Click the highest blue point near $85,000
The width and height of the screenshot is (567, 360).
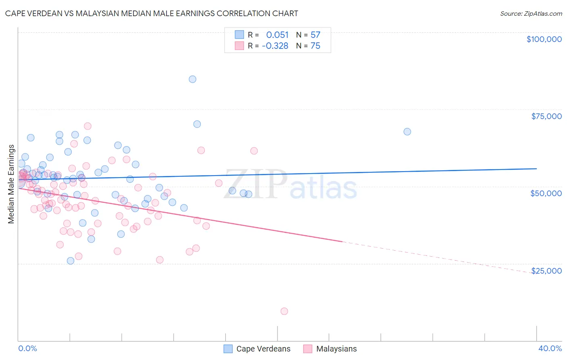coord(192,79)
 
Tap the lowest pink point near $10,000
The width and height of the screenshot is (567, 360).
coord(284,311)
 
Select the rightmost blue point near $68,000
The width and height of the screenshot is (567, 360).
coord(407,132)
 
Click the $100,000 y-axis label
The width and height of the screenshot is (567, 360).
coord(544,39)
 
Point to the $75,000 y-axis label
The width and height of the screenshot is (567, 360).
coord(546,116)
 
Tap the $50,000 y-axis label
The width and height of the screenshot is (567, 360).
coord(546,193)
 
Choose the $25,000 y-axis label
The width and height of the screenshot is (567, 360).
coord(546,271)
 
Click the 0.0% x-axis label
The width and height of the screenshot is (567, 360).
coord(27,349)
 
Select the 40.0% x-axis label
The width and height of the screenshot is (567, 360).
coord(550,349)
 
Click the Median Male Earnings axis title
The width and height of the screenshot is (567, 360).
coord(11,184)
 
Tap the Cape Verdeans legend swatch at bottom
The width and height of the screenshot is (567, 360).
coord(228,349)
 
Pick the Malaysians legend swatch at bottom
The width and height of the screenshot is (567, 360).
coord(308,349)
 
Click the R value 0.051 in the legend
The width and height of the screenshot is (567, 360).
coord(277,35)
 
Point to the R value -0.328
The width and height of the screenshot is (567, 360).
coord(275,46)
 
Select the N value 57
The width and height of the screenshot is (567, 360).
coord(315,35)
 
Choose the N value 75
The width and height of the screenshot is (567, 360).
coord(315,46)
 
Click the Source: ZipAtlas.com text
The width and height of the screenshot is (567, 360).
coord(531,14)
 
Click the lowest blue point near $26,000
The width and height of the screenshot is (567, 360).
coord(71,261)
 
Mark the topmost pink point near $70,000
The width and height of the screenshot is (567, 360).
coord(88,126)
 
